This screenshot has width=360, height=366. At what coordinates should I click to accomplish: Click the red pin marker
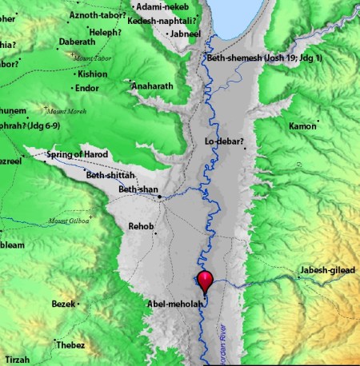tap(205, 281)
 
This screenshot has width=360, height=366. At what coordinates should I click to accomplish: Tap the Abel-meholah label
tap(173, 304)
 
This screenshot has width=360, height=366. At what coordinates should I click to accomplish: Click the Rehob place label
tap(140, 227)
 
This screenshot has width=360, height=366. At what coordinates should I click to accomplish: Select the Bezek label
tap(62, 304)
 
